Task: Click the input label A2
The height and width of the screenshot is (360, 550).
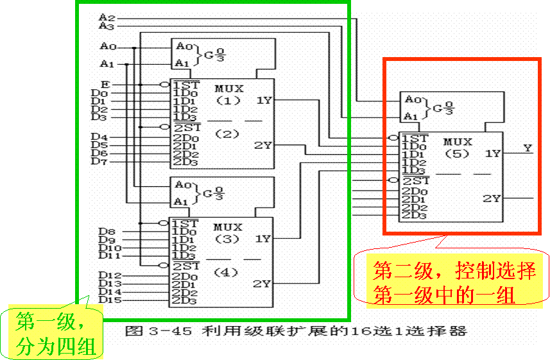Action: point(107,17)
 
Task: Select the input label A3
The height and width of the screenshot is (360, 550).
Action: point(107,26)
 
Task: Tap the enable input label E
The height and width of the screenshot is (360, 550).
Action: point(105,84)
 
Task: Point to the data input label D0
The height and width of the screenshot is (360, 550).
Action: point(99,94)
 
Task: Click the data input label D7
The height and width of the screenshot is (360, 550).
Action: point(99,161)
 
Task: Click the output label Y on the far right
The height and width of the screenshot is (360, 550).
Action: point(528,148)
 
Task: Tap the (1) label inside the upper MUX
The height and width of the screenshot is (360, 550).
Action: point(227,100)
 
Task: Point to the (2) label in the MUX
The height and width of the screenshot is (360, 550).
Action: point(227,134)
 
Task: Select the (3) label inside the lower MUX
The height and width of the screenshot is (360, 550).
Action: point(227,239)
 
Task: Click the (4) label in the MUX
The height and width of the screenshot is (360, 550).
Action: point(227,272)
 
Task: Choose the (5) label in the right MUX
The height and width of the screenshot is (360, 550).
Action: point(456,154)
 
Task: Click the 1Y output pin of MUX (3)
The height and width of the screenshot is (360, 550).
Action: point(263,239)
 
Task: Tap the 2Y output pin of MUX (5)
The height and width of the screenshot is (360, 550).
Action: point(492,198)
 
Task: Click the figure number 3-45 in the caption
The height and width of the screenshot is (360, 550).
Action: point(169,332)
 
